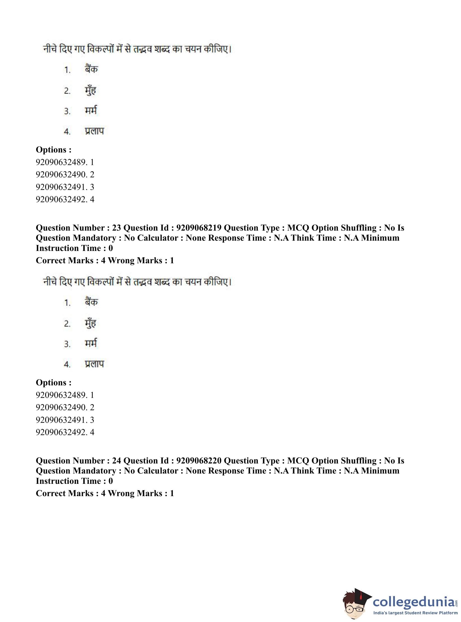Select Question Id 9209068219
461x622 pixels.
click(199, 228)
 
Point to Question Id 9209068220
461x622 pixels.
click(199, 461)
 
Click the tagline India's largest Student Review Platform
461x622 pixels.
click(416, 613)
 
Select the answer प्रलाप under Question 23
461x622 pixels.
click(94, 364)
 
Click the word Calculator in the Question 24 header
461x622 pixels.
click(160, 471)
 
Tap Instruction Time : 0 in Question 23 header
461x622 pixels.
click(74, 248)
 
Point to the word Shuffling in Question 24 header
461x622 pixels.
click(359, 461)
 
